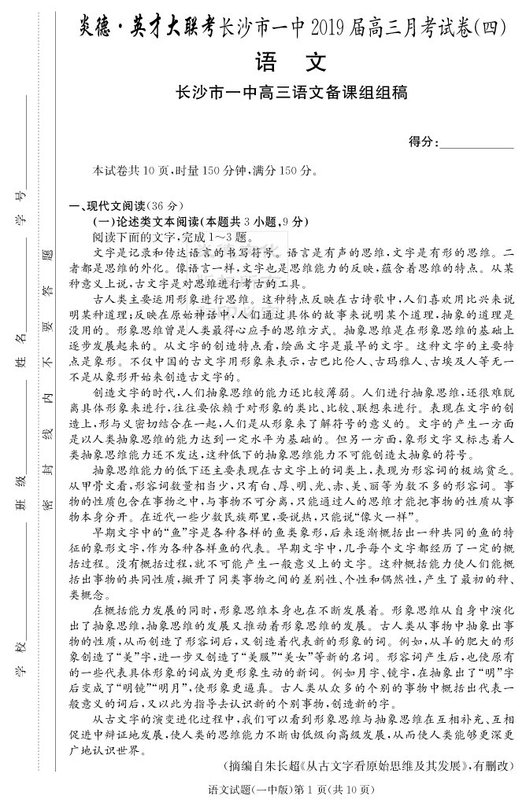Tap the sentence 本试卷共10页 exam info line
pyautogui.click(x=204, y=171)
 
